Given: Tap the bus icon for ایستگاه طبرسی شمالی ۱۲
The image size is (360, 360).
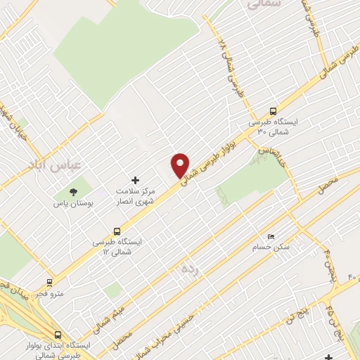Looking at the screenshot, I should (x=117, y=230).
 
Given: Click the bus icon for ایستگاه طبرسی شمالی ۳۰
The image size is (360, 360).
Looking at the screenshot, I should (x=274, y=111).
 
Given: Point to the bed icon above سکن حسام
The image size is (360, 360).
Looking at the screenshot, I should (x=271, y=236).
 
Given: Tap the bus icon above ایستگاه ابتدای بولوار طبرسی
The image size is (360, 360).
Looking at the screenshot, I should (x=58, y=335).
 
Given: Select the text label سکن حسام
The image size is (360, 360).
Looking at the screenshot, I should (x=271, y=247).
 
